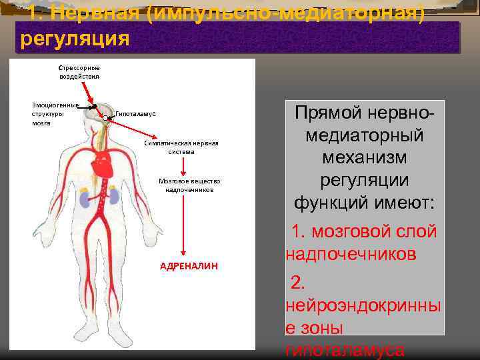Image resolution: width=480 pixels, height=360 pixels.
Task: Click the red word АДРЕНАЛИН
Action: click(189, 265)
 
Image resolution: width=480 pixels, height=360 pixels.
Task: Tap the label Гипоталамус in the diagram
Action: click(135, 115)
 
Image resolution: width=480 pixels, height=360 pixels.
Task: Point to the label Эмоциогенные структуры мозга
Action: click(55, 114)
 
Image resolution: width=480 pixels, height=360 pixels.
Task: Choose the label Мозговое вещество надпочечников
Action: click(189, 185)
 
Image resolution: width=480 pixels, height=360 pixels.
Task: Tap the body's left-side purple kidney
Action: click(85, 197)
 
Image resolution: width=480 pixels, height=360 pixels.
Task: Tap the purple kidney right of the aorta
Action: click(114, 196)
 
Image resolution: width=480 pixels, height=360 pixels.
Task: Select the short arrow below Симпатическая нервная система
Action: click(184, 166)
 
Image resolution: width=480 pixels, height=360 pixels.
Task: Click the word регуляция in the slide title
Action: click(75, 38)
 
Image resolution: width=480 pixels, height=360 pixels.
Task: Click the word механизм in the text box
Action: click(364, 159)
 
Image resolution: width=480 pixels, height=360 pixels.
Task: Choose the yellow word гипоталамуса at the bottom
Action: click(344, 351)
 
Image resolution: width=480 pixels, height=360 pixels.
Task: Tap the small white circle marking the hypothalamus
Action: click(107, 118)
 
